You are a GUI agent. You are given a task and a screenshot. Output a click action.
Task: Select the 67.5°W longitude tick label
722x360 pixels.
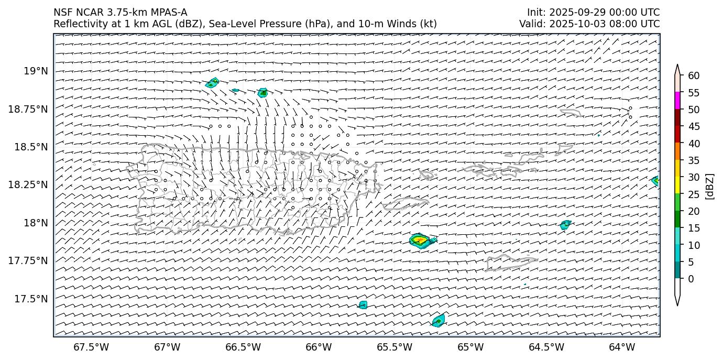pos(92,347)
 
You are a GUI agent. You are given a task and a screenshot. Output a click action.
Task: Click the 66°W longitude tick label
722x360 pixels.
pos(319,347)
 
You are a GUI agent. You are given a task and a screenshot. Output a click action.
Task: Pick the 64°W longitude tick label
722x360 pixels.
pos(622,347)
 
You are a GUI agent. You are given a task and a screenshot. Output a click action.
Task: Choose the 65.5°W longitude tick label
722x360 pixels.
pos(395,347)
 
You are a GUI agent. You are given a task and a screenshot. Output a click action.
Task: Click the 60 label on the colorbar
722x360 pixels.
pos(694,76)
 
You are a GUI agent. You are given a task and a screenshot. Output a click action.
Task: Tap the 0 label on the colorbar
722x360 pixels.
pos(691,279)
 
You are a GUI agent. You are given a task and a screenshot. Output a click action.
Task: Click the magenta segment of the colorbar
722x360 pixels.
pos(677,101)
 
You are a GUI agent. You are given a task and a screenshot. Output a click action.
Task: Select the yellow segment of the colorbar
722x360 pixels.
pos(677,185)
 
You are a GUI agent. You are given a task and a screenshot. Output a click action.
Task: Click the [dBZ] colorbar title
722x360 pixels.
pos(710,186)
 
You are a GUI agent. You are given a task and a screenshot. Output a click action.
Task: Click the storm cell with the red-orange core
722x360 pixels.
pos(420,241)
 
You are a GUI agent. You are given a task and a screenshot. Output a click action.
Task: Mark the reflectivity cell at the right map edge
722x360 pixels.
pos(655,181)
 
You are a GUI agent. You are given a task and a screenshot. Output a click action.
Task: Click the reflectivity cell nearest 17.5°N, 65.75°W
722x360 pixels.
pos(363,304)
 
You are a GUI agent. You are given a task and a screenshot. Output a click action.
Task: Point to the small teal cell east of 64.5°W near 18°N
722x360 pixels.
pos(565,225)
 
